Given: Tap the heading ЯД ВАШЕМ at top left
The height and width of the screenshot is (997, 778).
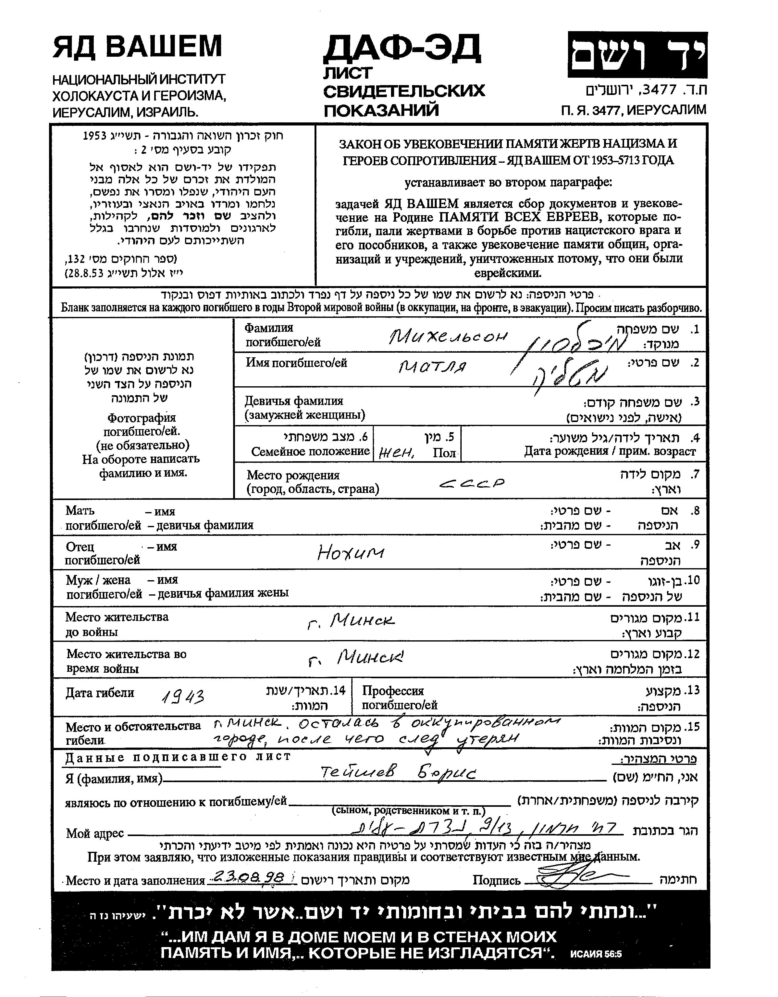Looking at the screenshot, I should click(x=137, y=47).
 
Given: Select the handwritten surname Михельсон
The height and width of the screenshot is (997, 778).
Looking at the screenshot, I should click(x=448, y=337).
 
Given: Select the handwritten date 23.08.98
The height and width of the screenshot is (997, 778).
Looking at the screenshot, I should click(x=249, y=876).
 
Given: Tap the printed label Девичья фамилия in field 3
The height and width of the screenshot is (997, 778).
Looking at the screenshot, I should click(x=294, y=401).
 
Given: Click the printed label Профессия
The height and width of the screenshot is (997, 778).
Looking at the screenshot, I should click(x=393, y=691).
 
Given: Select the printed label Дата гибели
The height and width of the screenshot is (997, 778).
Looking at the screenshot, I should click(x=100, y=692).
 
